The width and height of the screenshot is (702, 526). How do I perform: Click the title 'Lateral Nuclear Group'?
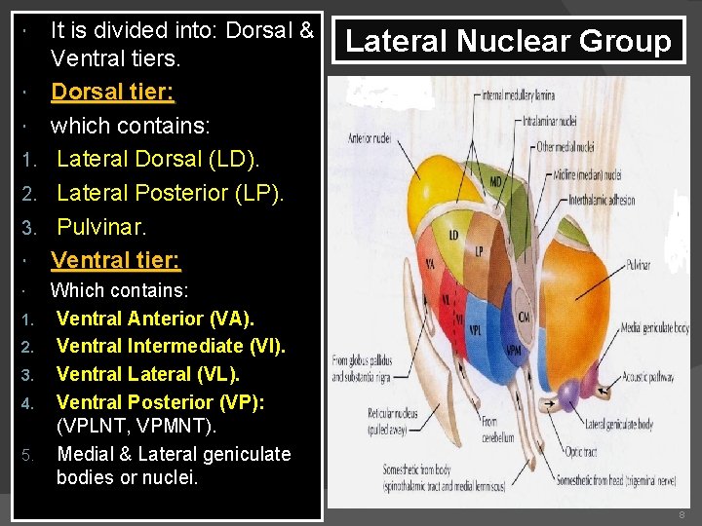508,42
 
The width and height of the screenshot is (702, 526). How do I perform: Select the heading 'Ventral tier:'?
115,259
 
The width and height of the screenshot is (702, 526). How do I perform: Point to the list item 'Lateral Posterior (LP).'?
170,193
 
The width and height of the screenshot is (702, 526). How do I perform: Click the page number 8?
682,515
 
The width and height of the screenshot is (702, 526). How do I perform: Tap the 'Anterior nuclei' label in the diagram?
370,138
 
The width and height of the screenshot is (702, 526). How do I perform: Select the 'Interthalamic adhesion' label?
607,201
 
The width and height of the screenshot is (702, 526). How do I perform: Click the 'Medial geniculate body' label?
654,327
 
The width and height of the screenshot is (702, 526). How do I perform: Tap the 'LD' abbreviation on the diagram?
453,235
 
